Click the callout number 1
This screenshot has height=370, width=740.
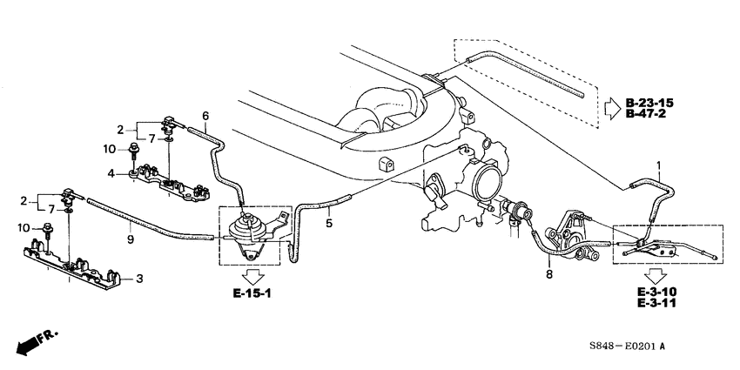pyautogui.click(x=659, y=165)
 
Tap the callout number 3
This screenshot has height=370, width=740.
pyautogui.click(x=139, y=279)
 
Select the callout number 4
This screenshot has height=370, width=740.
pyautogui.click(x=111, y=173)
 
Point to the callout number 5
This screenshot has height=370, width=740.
pyautogui.click(x=329, y=223)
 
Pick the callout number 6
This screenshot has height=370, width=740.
pyautogui.click(x=205, y=116)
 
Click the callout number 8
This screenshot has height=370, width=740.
pyautogui.click(x=548, y=274)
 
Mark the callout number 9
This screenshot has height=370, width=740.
pyautogui.click(x=131, y=239)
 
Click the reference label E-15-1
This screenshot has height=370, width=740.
pyautogui.click(x=252, y=294)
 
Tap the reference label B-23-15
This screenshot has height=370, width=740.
pyautogui.click(x=649, y=103)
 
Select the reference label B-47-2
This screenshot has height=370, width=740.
pyautogui.click(x=646, y=113)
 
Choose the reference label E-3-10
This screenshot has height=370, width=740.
pyautogui.click(x=656, y=292)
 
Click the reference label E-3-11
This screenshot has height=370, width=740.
pyautogui.click(x=656, y=302)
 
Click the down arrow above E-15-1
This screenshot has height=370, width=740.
pyautogui.click(x=252, y=276)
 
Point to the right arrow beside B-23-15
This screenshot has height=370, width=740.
pyautogui.click(x=613, y=108)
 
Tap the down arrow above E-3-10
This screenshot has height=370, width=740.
pyautogui.click(x=656, y=275)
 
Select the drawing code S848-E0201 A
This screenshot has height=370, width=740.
pyautogui.click(x=627, y=346)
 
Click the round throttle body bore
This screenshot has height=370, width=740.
pyautogui.click(x=489, y=184)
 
